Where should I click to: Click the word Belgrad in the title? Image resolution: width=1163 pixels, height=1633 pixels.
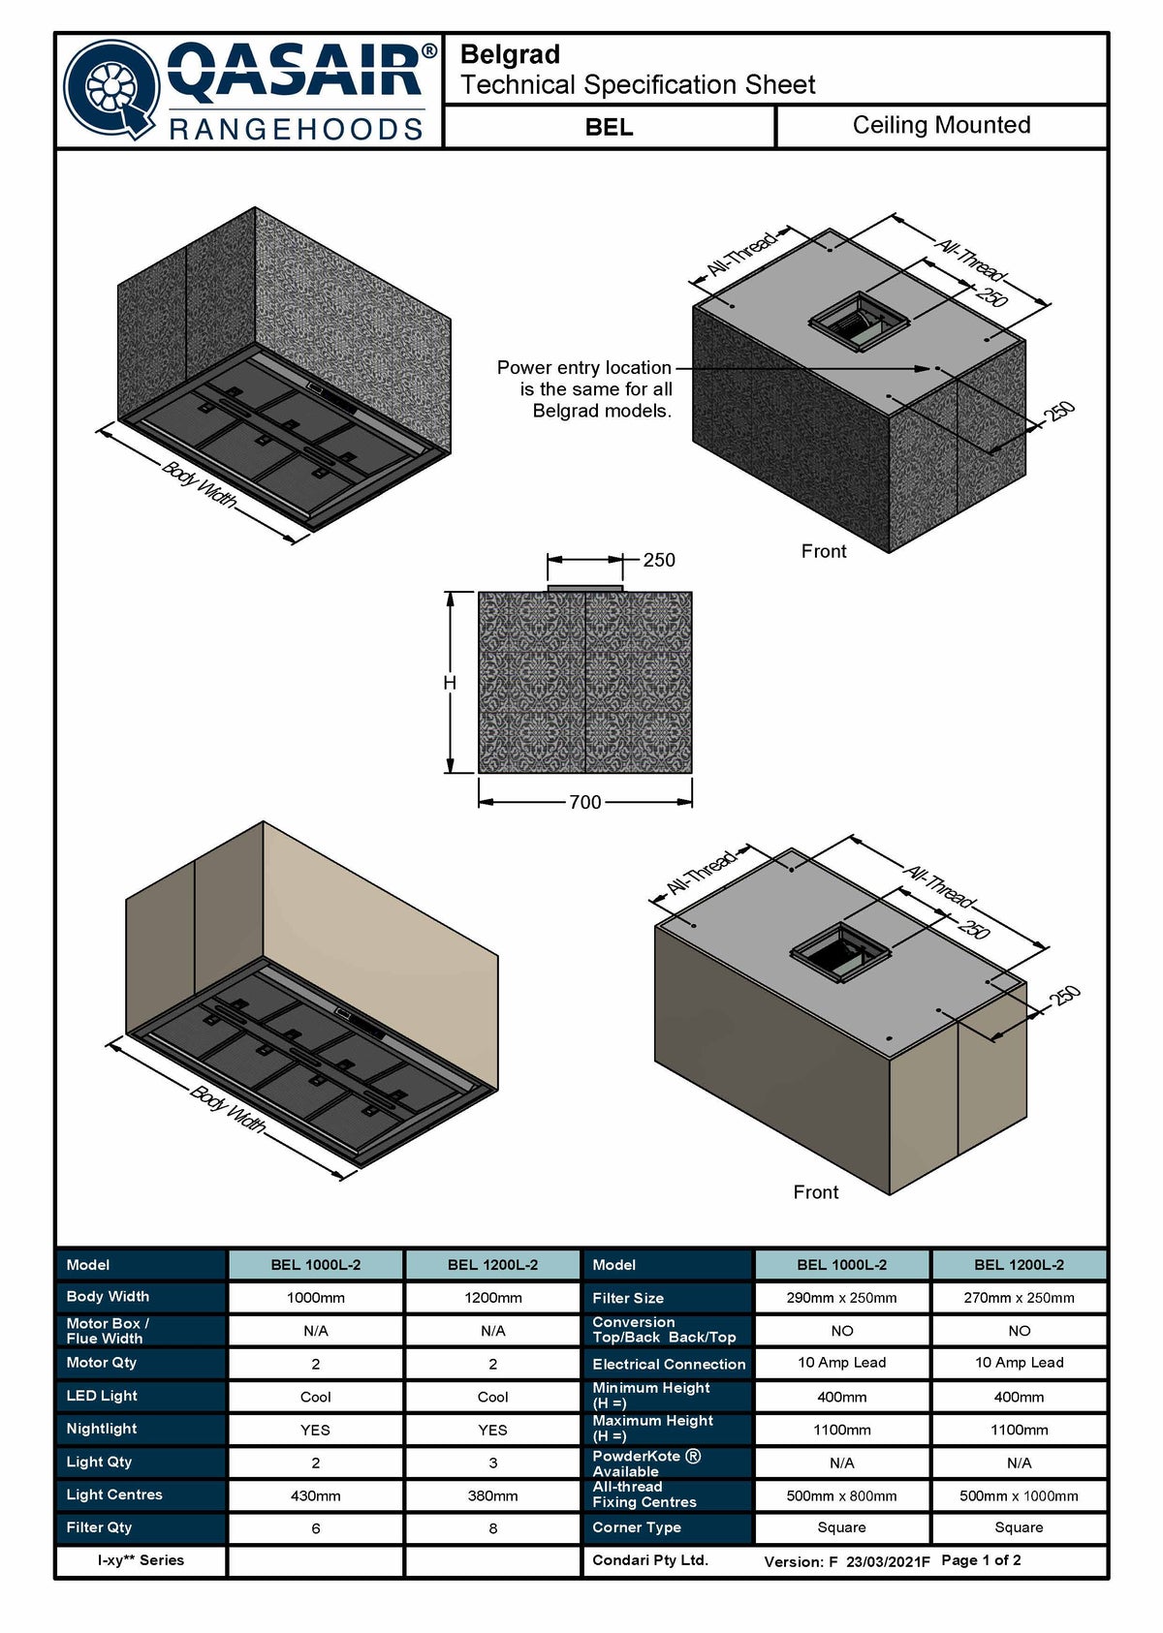[510, 54]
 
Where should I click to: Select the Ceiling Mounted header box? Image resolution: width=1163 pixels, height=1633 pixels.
[941, 125]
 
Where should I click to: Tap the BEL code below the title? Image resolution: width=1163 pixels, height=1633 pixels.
[609, 128]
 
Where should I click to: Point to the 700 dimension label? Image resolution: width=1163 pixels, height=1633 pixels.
[585, 802]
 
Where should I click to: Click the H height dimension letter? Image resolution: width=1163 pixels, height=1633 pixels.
[450, 683]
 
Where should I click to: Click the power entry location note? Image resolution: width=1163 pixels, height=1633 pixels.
[584, 389]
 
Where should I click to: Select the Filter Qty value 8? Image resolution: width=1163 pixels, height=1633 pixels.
[492, 1528]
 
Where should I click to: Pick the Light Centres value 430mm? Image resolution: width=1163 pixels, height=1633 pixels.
[315, 1495]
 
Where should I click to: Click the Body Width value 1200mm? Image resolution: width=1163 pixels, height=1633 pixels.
[492, 1298]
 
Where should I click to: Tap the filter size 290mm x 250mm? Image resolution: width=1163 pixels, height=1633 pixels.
[841, 1298]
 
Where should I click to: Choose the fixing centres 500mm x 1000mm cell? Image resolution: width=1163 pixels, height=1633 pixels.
[1019, 1495]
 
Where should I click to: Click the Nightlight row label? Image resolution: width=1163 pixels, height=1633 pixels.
[102, 1428]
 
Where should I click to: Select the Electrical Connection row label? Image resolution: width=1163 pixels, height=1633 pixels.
[669, 1364]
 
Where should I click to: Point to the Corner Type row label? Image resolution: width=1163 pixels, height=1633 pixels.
[636, 1527]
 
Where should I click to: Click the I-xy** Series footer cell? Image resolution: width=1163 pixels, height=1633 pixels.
[141, 1560]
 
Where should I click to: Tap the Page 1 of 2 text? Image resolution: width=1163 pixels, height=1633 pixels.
[981, 1560]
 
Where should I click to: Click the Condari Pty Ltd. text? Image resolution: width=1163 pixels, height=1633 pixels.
[650, 1560]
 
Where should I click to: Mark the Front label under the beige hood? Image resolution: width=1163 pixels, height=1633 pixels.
[816, 1192]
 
